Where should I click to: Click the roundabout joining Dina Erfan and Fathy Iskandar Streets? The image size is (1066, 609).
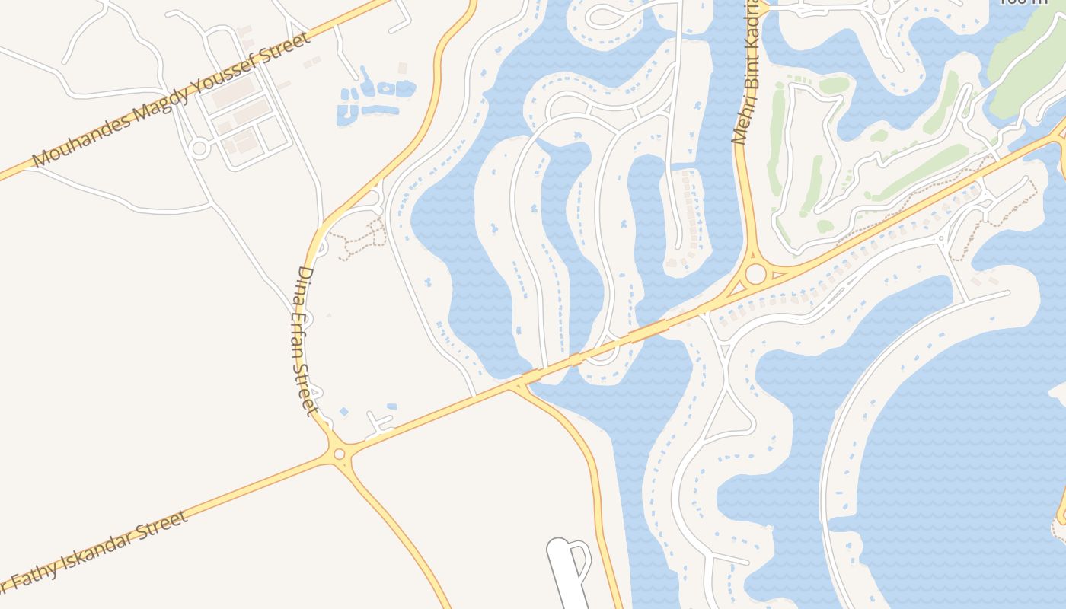[339, 454]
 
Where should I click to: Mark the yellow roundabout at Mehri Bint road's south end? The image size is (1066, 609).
[755, 273]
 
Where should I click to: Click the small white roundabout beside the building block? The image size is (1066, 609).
[199, 148]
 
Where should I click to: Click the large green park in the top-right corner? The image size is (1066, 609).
[1028, 61]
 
